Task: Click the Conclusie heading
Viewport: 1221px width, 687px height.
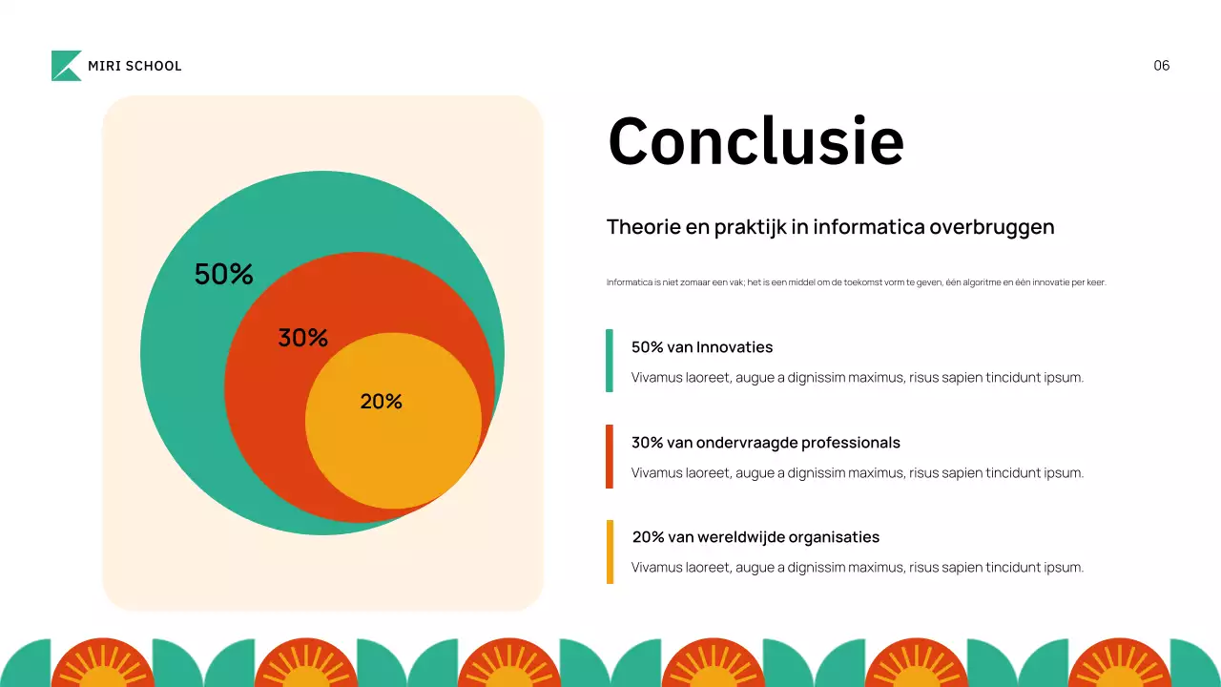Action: point(755,141)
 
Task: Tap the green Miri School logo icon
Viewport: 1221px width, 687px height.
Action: point(66,66)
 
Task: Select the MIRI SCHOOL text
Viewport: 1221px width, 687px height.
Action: point(135,66)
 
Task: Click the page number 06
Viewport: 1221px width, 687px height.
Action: point(1161,66)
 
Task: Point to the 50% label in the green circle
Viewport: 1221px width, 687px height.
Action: point(224,275)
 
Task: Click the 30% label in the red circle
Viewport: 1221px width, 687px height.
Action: point(303,338)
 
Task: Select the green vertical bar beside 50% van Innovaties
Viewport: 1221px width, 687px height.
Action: point(610,361)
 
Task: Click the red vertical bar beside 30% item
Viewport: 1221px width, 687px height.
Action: point(610,456)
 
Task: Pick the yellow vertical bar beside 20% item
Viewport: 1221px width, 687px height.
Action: point(610,552)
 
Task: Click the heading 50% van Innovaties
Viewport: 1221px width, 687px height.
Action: point(702,347)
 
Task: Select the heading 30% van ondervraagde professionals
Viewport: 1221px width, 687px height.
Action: point(766,443)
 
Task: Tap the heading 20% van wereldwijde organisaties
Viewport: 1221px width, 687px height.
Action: point(755,537)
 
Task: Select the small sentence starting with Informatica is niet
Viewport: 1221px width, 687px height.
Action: point(856,282)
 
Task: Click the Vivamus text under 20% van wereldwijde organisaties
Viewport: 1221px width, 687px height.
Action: point(858,568)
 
